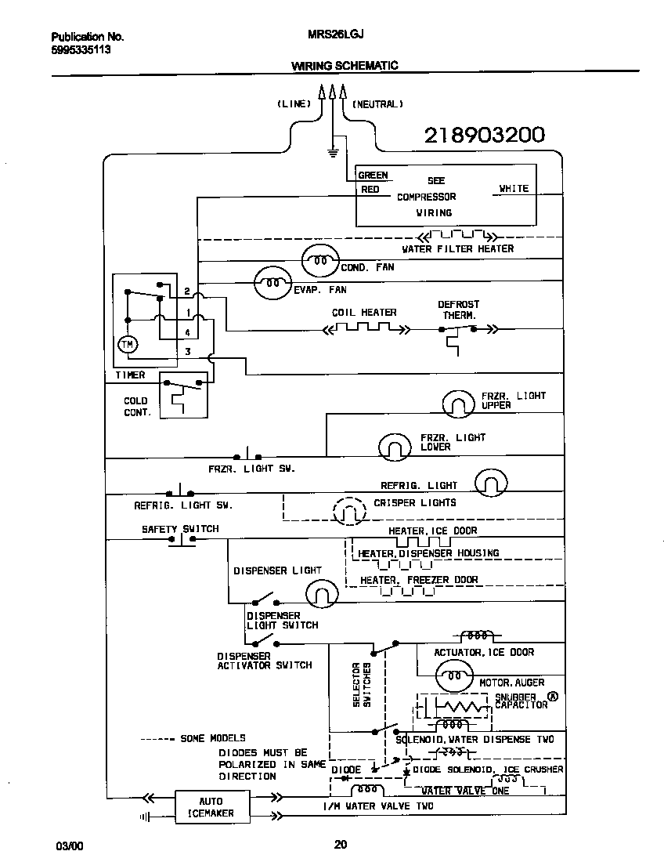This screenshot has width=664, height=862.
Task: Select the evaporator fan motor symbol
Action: [x=272, y=284]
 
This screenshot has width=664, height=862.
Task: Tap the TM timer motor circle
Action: [x=126, y=344]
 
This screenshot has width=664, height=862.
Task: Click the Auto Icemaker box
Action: [x=211, y=806]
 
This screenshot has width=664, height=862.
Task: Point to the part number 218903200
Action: [x=484, y=136]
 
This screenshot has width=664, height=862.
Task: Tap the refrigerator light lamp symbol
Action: [x=491, y=484]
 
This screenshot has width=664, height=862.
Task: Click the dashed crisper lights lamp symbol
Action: [x=349, y=512]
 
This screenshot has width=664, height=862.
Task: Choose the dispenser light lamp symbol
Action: [x=320, y=593]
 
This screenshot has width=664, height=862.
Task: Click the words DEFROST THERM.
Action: [x=458, y=310]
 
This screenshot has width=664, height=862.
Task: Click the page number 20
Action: [x=340, y=844]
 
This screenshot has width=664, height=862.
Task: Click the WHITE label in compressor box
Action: [x=514, y=188]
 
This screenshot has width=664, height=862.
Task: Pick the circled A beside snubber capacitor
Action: [x=554, y=695]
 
